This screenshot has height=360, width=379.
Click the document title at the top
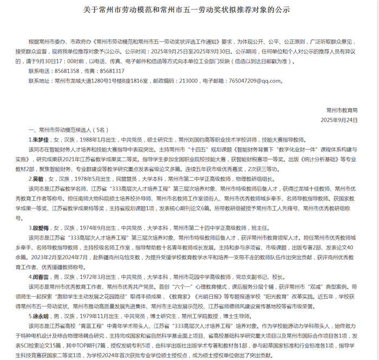click(190, 10)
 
